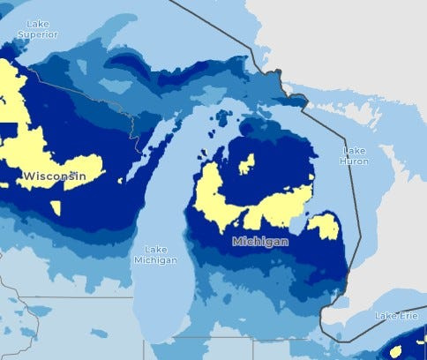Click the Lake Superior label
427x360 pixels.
(38, 28)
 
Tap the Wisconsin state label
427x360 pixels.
(55, 176)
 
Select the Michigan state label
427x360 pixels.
(261, 240)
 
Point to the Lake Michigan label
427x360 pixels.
(155, 254)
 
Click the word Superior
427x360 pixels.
(38, 34)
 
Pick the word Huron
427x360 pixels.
(355, 161)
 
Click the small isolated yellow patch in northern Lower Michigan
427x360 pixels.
(247, 164)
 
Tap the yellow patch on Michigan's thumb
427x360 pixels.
(323, 227)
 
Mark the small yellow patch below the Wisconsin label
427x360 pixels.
(56, 208)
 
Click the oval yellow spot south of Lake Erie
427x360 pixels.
(395, 351)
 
